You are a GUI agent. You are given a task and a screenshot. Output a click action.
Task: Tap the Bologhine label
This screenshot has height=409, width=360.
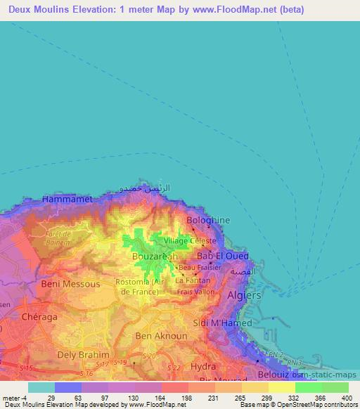click(x=208, y=221)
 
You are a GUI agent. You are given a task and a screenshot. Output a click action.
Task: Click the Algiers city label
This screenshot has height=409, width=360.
click(x=244, y=296)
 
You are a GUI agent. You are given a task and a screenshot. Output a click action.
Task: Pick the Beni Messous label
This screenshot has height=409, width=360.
click(x=67, y=284)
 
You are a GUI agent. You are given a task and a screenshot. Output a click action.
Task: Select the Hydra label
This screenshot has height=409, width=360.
click(x=203, y=367)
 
